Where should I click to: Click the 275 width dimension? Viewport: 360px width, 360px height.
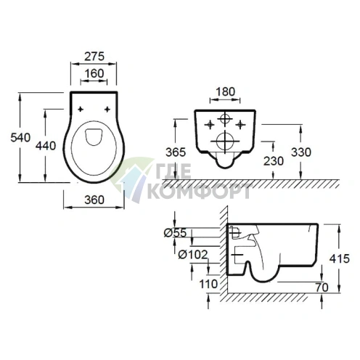pyautogui.click(x=94, y=57)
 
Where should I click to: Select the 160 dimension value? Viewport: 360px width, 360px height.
pyautogui.click(x=94, y=73)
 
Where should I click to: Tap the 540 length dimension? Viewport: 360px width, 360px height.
pyautogui.click(x=20, y=137)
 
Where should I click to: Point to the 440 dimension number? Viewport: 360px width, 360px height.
pyautogui.click(x=46, y=146)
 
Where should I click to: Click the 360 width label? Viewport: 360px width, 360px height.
pyautogui.click(x=94, y=200)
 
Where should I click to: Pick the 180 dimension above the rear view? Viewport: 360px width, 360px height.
pyautogui.click(x=225, y=91)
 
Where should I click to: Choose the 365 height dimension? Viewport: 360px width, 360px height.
pyautogui.click(x=176, y=152)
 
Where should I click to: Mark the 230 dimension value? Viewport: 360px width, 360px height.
pyautogui.click(x=274, y=161)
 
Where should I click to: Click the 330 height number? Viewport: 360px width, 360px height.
pyautogui.click(x=301, y=152)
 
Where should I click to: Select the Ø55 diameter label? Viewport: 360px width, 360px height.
pyautogui.click(x=176, y=233)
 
